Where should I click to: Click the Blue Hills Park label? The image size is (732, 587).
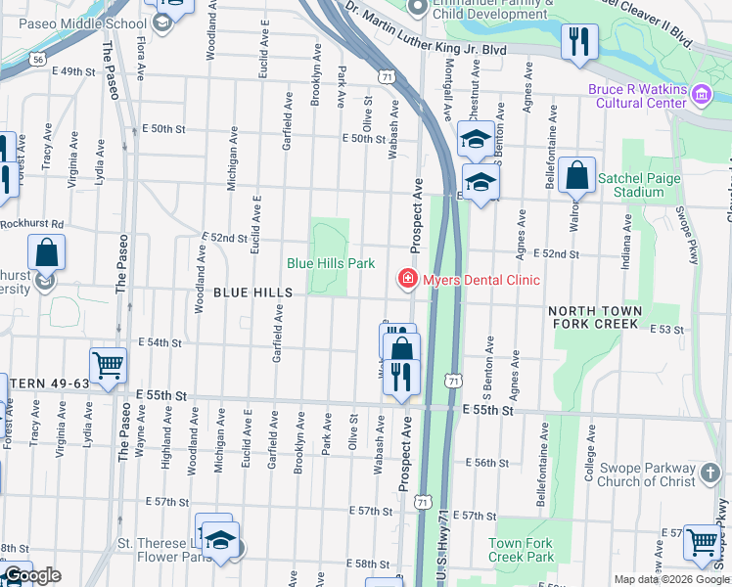331,264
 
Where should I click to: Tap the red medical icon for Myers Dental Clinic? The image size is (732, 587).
407,280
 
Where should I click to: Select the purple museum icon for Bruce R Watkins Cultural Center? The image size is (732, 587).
701,95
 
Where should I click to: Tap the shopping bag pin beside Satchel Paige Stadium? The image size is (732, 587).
577,177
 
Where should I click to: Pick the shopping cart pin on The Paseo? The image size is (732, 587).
108,366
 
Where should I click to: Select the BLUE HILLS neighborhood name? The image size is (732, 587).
253,293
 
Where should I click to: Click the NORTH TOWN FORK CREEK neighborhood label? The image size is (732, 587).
596,317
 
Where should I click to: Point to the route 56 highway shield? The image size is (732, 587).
36,60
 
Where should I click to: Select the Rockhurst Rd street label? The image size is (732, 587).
31,223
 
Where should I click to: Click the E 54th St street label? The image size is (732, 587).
160,342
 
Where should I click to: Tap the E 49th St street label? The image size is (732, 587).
86,71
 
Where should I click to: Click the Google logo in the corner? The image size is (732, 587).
31,575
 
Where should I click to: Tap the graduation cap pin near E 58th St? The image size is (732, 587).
221,541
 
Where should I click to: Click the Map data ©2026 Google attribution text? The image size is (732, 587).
671,579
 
